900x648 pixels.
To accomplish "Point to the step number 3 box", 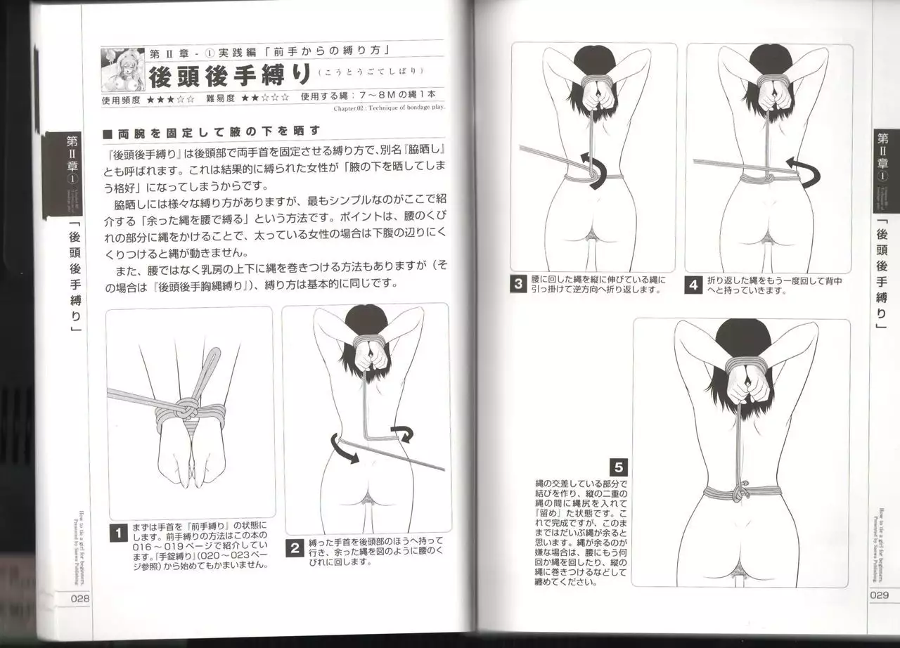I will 519,285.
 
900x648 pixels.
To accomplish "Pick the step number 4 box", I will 693,285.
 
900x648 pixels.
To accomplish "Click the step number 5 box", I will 618,467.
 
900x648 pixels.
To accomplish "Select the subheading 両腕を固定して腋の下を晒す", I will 211,131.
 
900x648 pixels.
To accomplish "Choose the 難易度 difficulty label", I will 219,98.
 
